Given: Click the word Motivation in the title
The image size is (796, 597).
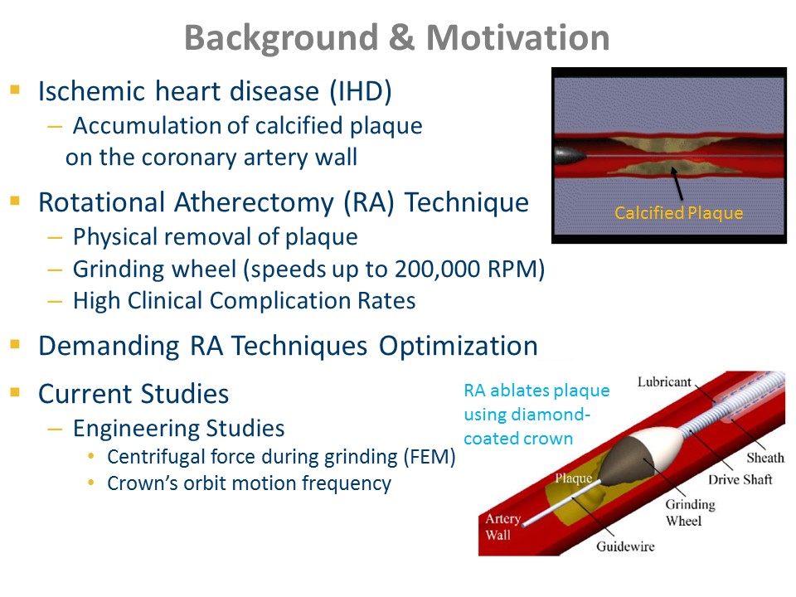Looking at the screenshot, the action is [x=517, y=37].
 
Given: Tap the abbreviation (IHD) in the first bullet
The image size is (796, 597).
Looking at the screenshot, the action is [x=361, y=92].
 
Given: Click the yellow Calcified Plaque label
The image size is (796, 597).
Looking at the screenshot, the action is [x=679, y=213].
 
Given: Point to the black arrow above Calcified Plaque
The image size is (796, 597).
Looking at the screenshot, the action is [x=677, y=184].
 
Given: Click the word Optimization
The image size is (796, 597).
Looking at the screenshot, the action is [x=459, y=347].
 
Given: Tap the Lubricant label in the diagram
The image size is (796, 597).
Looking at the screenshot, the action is [x=664, y=381].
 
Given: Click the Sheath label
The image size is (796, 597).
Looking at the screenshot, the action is [x=765, y=458].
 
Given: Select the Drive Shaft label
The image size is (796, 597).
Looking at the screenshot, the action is [x=740, y=480].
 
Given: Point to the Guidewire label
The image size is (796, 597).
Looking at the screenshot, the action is [x=625, y=546].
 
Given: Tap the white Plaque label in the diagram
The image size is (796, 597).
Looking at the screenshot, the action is [x=573, y=478].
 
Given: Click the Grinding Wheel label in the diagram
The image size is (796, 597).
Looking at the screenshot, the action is [x=690, y=512].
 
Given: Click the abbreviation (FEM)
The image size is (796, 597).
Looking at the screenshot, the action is [x=430, y=457].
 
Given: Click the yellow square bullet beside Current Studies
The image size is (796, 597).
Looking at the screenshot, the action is [x=15, y=392].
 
